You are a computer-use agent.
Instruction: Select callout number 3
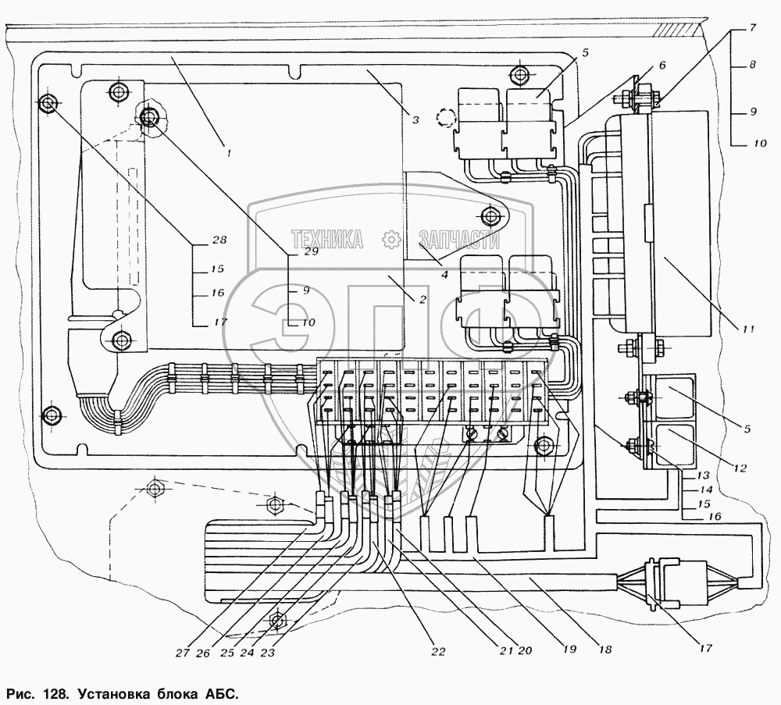point(416,119)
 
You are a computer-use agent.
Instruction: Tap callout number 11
point(748,329)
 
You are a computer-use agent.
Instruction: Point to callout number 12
point(739,468)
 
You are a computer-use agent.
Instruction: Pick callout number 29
point(311,251)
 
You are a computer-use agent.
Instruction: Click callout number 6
point(662,66)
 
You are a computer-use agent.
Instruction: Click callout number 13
point(702,475)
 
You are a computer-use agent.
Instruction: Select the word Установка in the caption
point(117,693)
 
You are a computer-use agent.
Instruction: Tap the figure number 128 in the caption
point(52,693)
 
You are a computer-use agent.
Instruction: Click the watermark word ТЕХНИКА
point(326,239)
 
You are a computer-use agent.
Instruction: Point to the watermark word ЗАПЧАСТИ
point(459,239)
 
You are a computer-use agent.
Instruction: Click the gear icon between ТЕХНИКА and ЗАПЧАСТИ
point(391,239)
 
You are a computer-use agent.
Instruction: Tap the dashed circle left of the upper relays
point(446,117)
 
